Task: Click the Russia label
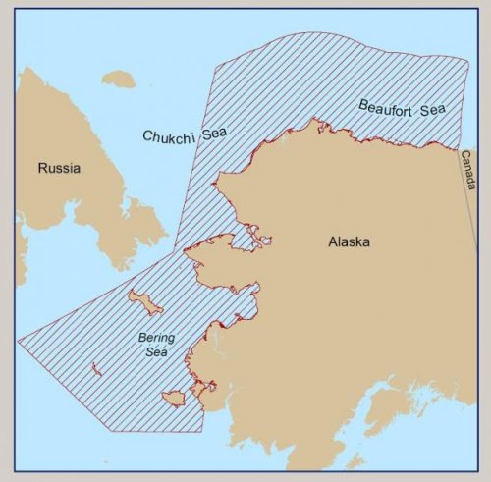pyautogui.click(x=59, y=168)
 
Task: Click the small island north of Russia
pyautogui.click(x=118, y=79)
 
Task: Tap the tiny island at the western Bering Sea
pyautogui.click(x=97, y=369)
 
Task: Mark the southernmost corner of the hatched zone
pyautogui.click(x=200, y=431)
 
